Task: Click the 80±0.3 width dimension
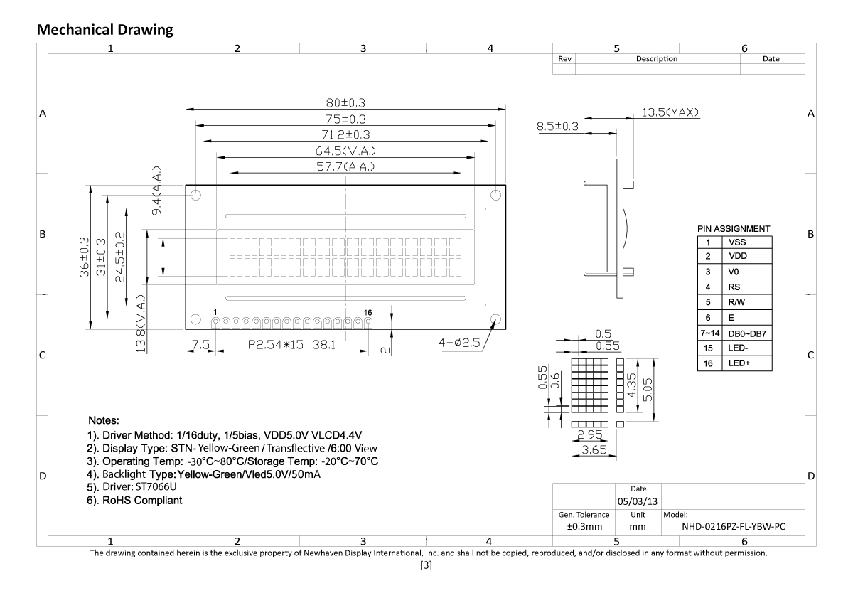pyautogui.click(x=345, y=102)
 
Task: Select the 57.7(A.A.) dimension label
pyautogui.click(x=345, y=166)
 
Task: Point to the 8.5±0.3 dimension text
pyautogui.click(x=559, y=127)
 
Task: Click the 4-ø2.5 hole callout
pyautogui.click(x=460, y=343)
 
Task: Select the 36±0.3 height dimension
pyautogui.click(x=85, y=257)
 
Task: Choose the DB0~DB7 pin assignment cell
pyautogui.click(x=745, y=333)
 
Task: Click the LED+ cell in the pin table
pyautogui.click(x=739, y=363)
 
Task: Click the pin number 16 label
pyautogui.click(x=368, y=312)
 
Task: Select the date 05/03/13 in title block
pyautogui.click(x=638, y=501)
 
